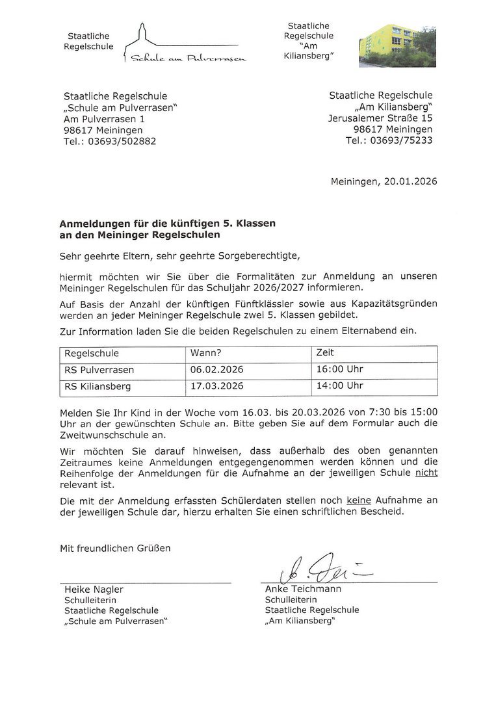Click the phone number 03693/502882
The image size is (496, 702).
(x=124, y=141)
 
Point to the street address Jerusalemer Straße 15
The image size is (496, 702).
(x=380, y=118)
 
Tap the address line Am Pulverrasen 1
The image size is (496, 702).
(x=105, y=119)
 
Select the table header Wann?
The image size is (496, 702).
(x=206, y=353)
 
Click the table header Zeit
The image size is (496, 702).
(x=324, y=352)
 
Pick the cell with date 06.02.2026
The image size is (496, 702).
(x=217, y=369)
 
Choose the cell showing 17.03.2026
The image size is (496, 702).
(x=217, y=386)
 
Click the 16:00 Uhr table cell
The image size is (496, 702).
(x=339, y=369)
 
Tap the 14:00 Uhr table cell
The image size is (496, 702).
(x=339, y=386)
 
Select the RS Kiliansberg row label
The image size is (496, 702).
(x=98, y=386)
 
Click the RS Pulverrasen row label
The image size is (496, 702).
(x=99, y=369)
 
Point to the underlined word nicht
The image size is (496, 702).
(x=426, y=473)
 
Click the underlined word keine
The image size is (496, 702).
(x=359, y=500)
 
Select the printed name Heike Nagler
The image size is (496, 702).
(x=94, y=590)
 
